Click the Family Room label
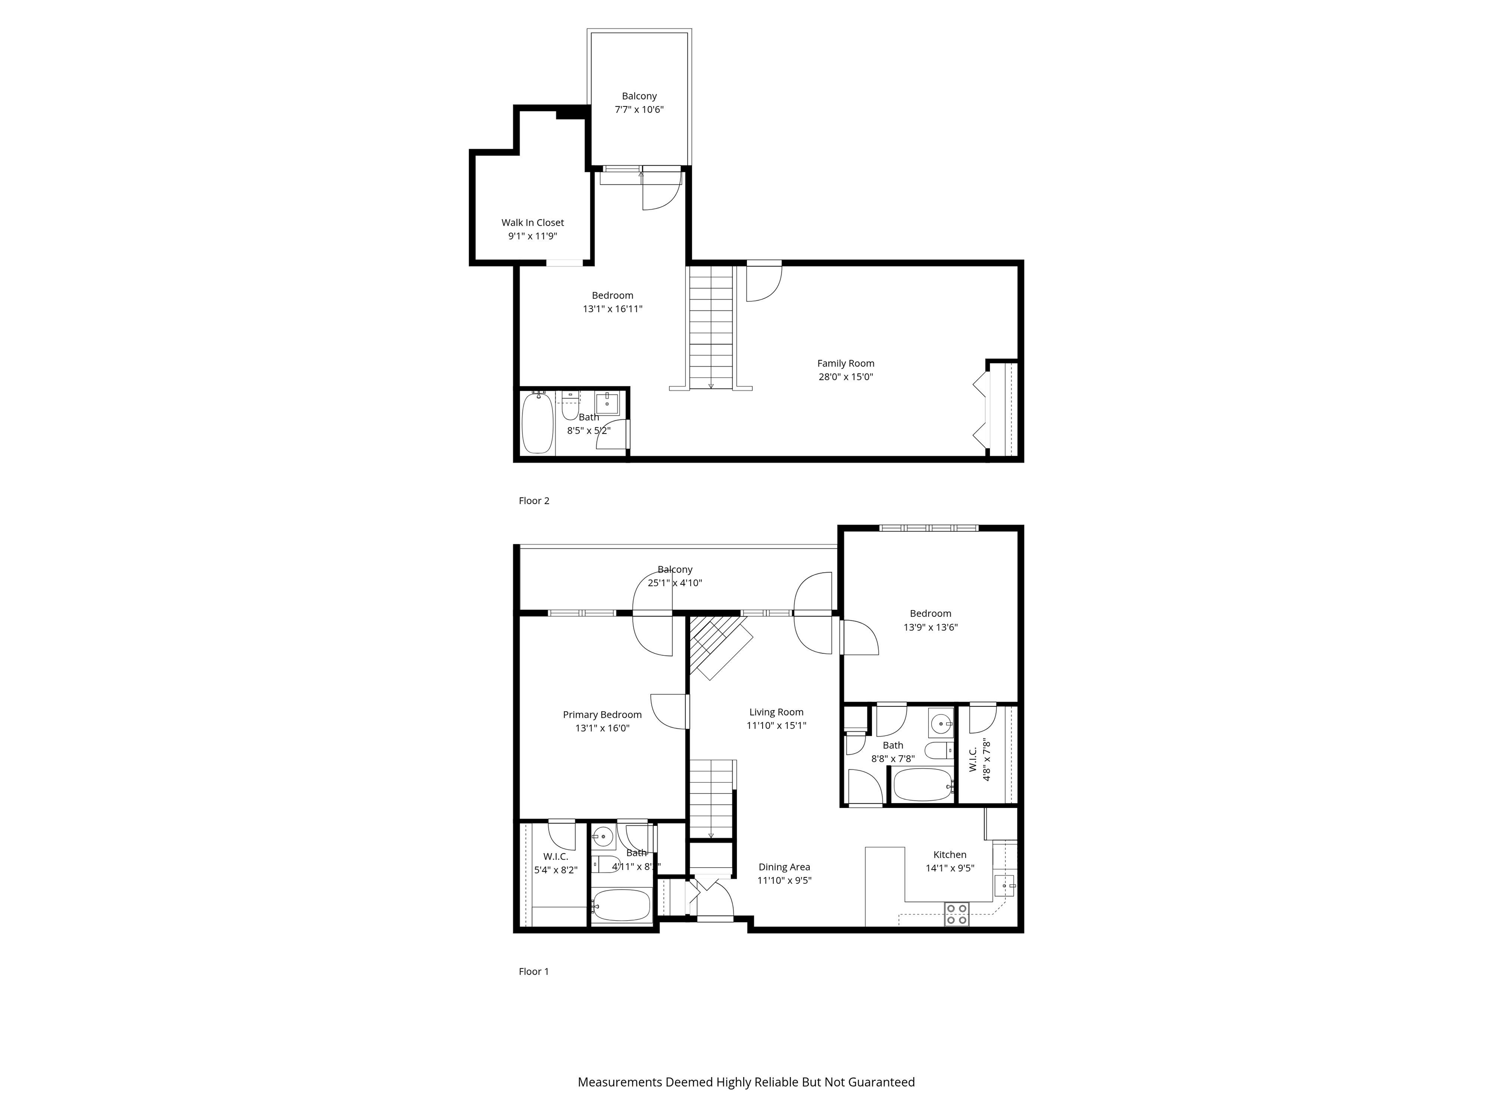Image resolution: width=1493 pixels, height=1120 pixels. pyautogui.click(x=845, y=363)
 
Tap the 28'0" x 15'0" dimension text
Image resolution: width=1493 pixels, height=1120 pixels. pyautogui.click(x=845, y=377)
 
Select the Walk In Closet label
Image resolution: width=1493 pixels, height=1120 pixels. pyautogui.click(x=533, y=223)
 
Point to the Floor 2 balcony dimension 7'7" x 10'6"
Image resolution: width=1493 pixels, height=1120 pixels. pyautogui.click(x=639, y=109)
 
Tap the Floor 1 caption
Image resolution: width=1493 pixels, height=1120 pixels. pyautogui.click(x=533, y=971)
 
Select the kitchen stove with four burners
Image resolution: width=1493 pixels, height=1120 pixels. pyautogui.click(x=956, y=914)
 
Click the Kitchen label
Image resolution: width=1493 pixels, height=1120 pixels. pyautogui.click(x=949, y=855)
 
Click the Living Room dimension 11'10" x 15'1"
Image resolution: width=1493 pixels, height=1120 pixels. pyautogui.click(x=776, y=726)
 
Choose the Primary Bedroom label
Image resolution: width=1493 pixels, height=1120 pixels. pyautogui.click(x=602, y=715)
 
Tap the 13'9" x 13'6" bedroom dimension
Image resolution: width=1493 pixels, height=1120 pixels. pyautogui.click(x=930, y=627)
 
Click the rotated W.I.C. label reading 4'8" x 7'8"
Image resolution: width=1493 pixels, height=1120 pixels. pyautogui.click(x=979, y=759)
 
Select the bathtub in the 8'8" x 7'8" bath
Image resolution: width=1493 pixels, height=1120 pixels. pyautogui.click(x=922, y=785)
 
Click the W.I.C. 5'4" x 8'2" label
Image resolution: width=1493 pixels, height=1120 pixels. pyautogui.click(x=556, y=863)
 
